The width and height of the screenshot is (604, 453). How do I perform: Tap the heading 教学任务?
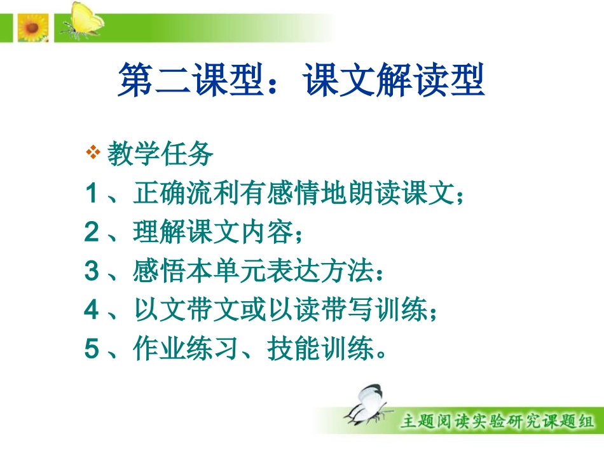coord(160,154)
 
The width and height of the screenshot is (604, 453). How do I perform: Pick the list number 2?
coord(92,233)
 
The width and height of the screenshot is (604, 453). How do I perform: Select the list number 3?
coord(92,272)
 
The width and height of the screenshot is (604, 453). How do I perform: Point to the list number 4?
coord(92,311)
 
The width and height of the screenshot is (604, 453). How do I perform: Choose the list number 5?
coord(92,349)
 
